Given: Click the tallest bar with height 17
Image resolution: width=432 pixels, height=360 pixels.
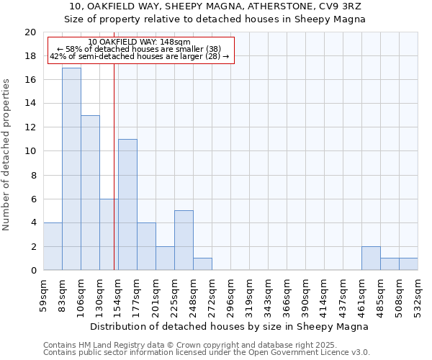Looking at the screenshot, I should pyautogui.click(x=71, y=169).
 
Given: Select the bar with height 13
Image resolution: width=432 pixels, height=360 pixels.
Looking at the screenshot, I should pyautogui.click(x=90, y=193).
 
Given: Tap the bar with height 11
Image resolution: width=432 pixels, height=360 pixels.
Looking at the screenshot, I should pyautogui.click(x=127, y=204).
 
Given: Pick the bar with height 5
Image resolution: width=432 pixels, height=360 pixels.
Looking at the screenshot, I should pyautogui.click(x=184, y=240).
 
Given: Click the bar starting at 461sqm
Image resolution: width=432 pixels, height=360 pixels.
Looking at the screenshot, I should pyautogui.click(x=371, y=258).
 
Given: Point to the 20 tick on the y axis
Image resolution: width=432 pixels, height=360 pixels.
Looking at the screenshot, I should pyautogui.click(x=30, y=32).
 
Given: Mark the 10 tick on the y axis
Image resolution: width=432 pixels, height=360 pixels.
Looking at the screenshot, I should pyautogui.click(x=30, y=151).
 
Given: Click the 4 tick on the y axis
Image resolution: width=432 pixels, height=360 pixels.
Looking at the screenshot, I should pyautogui.click(x=33, y=222).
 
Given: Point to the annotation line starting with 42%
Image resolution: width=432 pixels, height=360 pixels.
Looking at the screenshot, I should pyautogui.click(x=140, y=56).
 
